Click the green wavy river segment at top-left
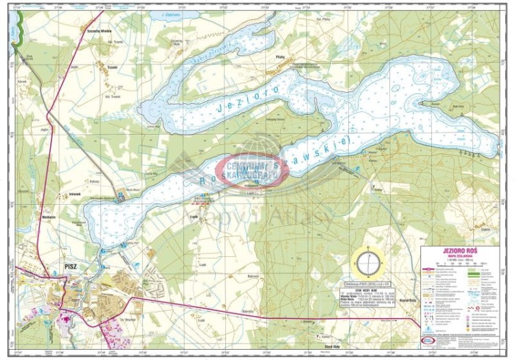point(20,31)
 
